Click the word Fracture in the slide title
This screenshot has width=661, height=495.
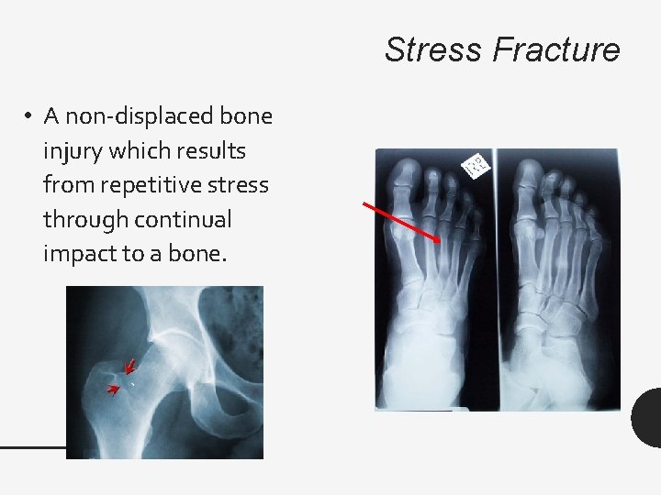pyautogui.click(x=556, y=49)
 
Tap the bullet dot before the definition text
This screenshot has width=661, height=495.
pyautogui.click(x=29, y=116)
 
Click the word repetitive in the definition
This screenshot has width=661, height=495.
pyautogui.click(x=160, y=185)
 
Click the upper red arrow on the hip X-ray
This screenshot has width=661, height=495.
pyautogui.click(x=129, y=367)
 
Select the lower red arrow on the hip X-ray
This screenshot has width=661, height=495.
pyautogui.click(x=115, y=390)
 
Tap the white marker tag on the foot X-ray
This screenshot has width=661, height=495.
pyautogui.click(x=477, y=166)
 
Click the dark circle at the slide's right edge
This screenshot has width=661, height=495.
pyautogui.click(x=647, y=418)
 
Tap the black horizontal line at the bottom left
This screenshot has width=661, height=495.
pyautogui.click(x=33, y=447)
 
